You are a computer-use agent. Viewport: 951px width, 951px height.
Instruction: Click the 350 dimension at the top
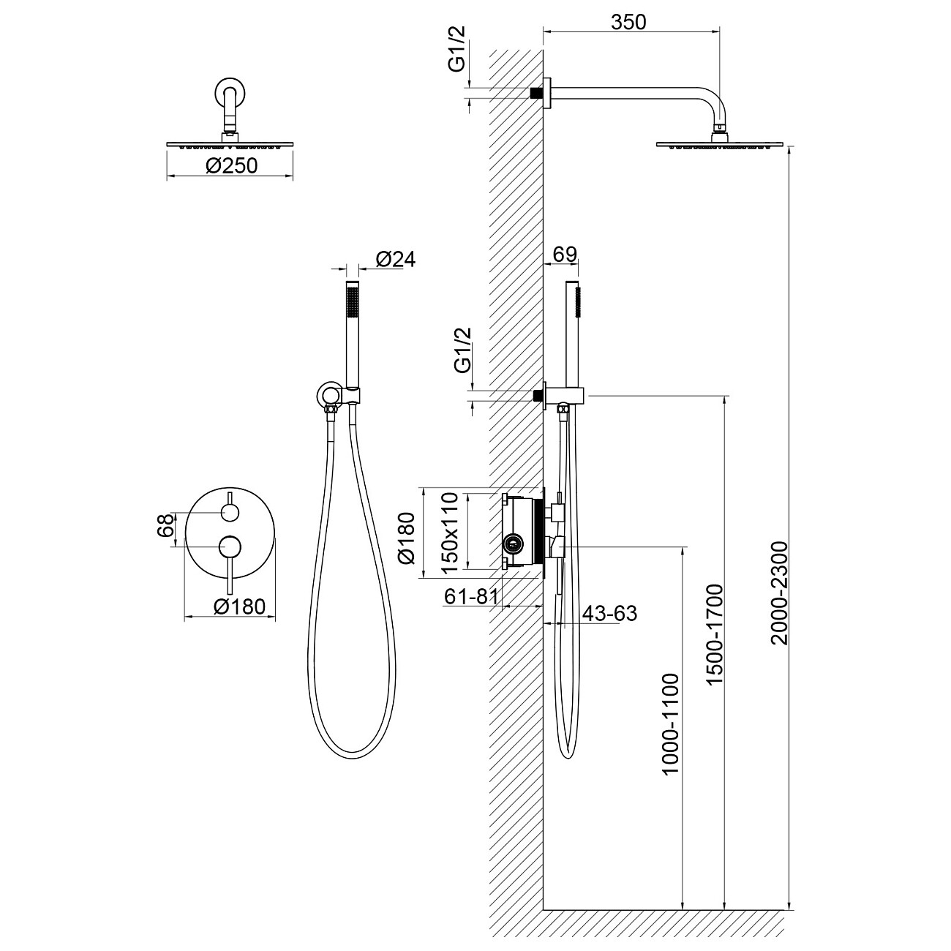coord(628,22)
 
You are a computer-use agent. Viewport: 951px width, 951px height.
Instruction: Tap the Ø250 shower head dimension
coord(231,166)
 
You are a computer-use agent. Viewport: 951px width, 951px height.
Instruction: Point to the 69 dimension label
coord(565,254)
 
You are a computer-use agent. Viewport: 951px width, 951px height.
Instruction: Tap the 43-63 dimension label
coord(609,613)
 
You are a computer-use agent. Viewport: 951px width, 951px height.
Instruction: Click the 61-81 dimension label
coord(471,597)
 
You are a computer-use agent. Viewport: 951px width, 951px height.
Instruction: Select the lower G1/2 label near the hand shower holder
coord(463,350)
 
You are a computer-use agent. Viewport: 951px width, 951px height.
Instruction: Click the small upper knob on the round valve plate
coord(230,512)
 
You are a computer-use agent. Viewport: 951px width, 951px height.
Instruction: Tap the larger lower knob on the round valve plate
coord(231,546)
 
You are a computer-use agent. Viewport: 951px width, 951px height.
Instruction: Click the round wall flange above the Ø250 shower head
coord(230,93)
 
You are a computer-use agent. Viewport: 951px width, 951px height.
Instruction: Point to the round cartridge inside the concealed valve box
coord(514,544)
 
